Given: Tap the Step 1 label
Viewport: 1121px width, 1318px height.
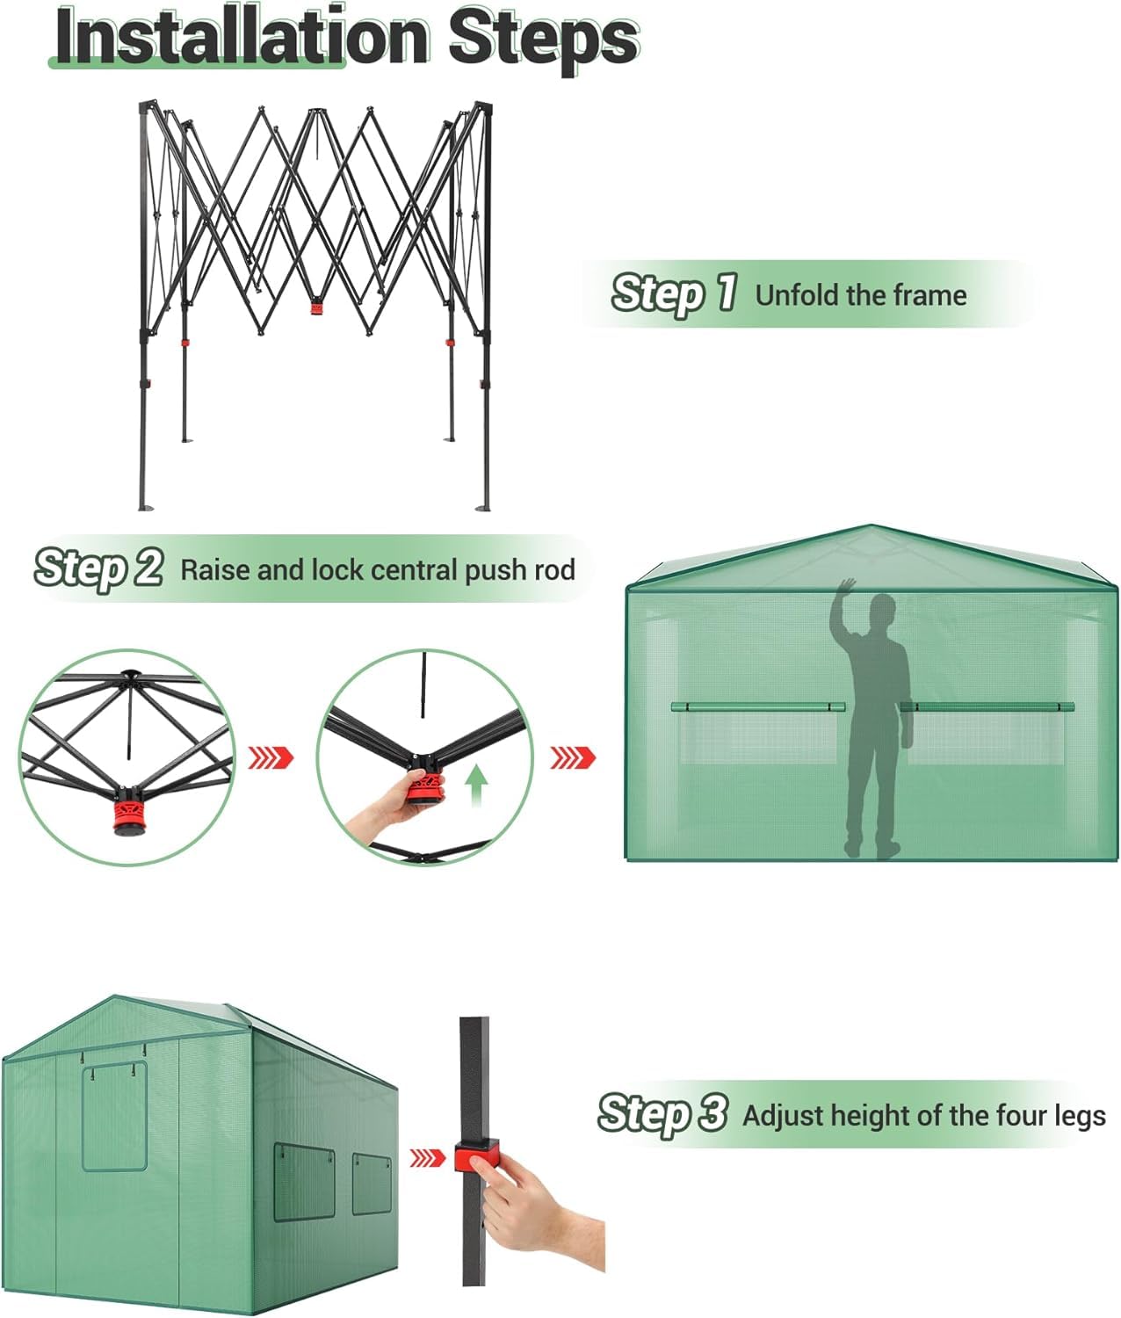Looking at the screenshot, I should (x=674, y=293).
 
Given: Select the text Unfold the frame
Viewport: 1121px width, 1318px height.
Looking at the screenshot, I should (x=860, y=295).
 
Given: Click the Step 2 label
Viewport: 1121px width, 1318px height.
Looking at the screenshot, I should (x=98, y=568).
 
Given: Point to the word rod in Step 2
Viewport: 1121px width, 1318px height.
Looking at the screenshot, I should (x=553, y=570).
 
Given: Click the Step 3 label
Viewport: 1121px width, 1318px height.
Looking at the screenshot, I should (x=662, y=1113).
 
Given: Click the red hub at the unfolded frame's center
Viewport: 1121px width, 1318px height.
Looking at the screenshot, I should (x=316, y=308).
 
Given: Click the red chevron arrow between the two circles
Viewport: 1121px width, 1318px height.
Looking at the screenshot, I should (x=271, y=757).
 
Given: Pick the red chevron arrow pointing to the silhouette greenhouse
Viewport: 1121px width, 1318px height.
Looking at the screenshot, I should (x=573, y=757).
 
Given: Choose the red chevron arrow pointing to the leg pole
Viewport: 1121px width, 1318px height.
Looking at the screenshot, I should (x=428, y=1158).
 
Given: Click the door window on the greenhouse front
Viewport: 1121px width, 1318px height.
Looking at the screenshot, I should (x=114, y=1118).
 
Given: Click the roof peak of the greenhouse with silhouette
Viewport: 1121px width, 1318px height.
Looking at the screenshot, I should (x=871, y=528).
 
